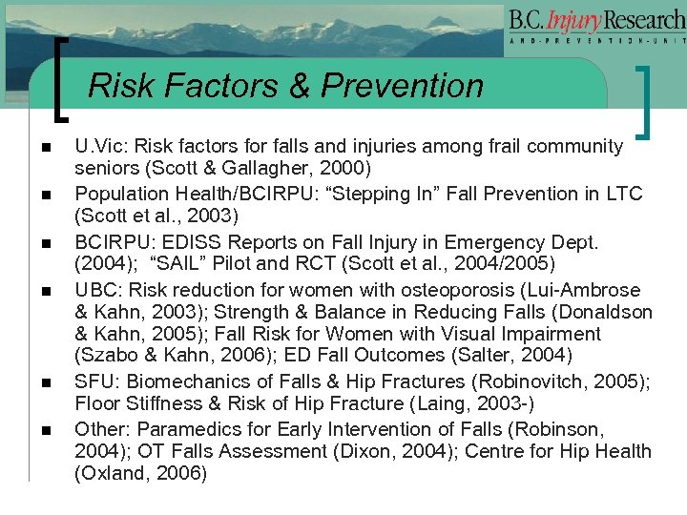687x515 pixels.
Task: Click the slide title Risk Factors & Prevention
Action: pyautogui.click(x=285, y=86)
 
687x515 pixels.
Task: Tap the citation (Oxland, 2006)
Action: pyautogui.click(x=140, y=473)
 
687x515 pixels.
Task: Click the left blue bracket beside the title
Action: pyautogui.click(x=63, y=80)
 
